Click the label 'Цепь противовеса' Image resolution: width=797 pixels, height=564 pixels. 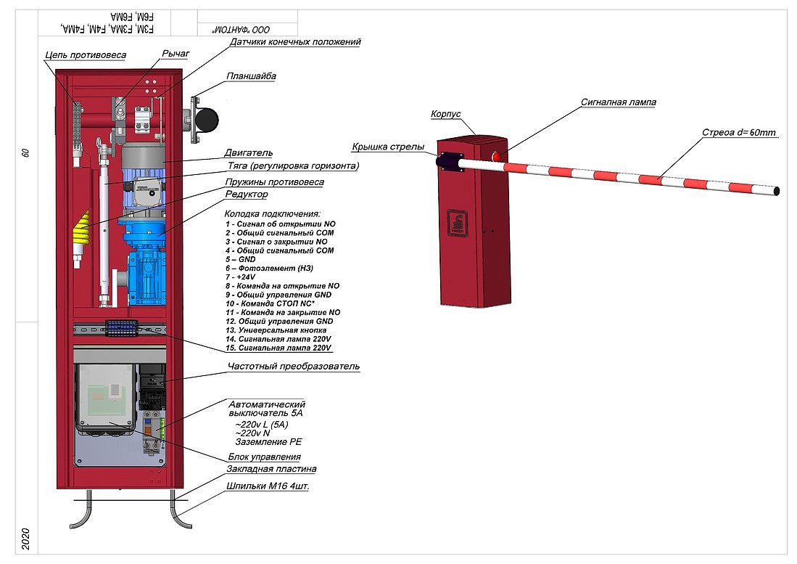pos(86,55)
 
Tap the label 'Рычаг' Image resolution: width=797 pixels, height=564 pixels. pos(175,54)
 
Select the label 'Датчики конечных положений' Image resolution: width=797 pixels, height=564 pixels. pos(294,42)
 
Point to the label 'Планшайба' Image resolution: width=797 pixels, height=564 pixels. pos(251,75)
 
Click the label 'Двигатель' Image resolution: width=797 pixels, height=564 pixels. pos(249,153)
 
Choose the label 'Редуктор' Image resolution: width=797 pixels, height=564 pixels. pos(246,195)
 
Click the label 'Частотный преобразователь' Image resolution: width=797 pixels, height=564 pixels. pos(293,367)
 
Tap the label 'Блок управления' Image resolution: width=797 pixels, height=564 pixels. pos(264,457)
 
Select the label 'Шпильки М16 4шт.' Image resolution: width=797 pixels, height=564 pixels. pos(268,486)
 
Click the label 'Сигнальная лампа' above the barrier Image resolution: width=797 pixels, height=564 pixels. pos(618,102)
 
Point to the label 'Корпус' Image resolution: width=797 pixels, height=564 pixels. pos(446,115)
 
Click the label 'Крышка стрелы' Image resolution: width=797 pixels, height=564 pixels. pos(388,147)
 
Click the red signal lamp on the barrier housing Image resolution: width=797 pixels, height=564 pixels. pos(497,157)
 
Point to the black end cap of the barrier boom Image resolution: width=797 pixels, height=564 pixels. pos(777,191)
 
